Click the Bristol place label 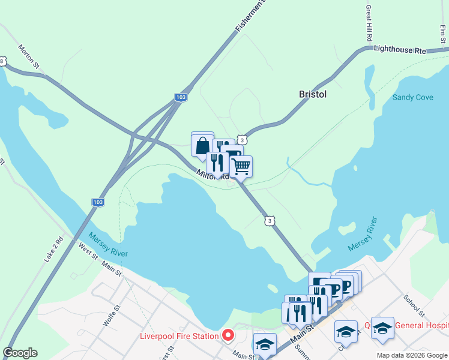click(313, 94)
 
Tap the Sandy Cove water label click(412, 97)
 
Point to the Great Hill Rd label click(369, 24)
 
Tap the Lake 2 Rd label click(53, 248)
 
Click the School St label click(414, 305)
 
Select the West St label click(88, 251)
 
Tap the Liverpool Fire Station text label click(179, 336)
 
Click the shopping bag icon click(202, 145)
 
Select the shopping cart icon click(241, 166)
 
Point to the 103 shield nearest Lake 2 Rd click(98, 203)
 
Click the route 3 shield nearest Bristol click(241, 139)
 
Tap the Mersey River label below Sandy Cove click(363, 235)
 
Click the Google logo click(20, 353)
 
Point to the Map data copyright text click(411, 355)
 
